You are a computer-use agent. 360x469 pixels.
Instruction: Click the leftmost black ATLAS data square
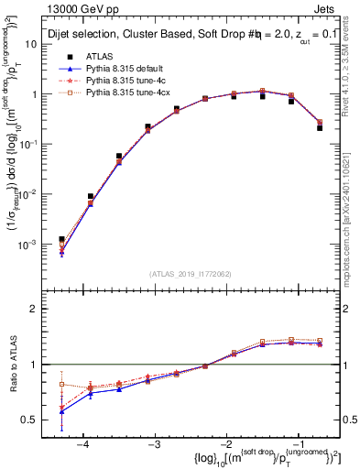tap(61, 239)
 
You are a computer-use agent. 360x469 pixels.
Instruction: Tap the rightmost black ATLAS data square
tap(320, 128)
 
